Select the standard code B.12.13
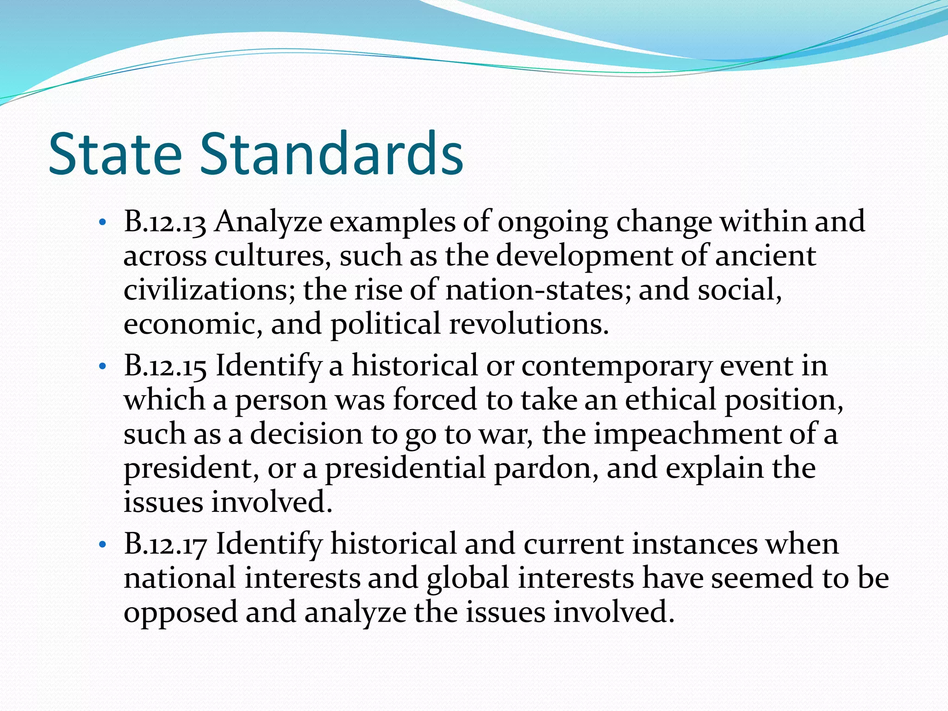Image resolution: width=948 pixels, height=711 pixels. pos(164,222)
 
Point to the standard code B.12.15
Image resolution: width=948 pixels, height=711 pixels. pos(164,366)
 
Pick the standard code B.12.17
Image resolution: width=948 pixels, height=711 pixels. pos(164,544)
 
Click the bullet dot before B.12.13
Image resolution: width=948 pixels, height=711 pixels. pos(103,224)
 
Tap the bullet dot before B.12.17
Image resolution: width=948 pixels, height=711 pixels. pos(103,546)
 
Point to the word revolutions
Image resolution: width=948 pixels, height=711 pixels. pos(529,324)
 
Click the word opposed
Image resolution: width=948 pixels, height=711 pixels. pos(181,613)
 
